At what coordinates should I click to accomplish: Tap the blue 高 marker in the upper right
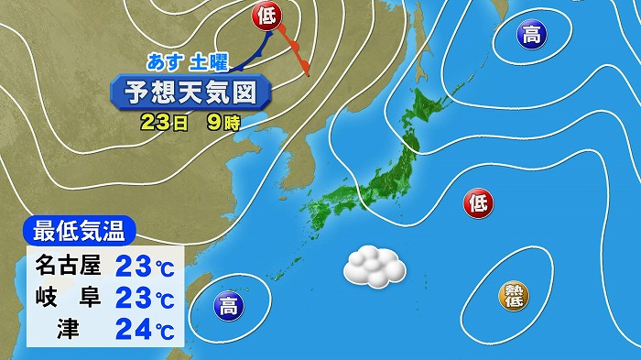pos(530,36)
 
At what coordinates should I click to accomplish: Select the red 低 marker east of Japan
pos(478,202)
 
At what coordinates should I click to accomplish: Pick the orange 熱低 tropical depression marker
pos(514,295)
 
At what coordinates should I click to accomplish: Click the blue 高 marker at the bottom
pos(226,305)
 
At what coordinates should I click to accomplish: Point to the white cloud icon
pos(374,267)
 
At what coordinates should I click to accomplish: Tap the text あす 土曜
pos(190,62)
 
